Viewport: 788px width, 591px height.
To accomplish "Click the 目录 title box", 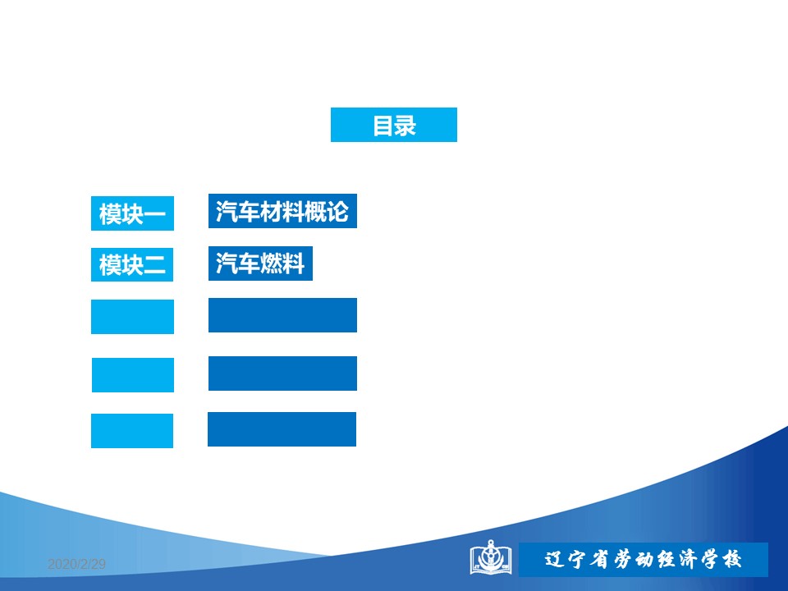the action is click(x=393, y=125).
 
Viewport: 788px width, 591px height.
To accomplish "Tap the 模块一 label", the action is click(x=132, y=213).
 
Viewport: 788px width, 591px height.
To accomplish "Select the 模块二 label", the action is click(x=132, y=264).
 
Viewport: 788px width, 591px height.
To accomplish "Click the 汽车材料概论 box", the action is click(x=282, y=211).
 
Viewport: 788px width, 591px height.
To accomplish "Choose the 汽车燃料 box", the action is click(x=260, y=263).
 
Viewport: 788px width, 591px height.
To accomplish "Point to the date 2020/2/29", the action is click(x=76, y=564).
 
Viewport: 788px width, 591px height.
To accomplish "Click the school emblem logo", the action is click(x=491, y=558).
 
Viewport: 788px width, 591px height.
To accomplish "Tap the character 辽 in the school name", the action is click(x=555, y=559).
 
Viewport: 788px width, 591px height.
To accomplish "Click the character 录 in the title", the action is click(x=405, y=126).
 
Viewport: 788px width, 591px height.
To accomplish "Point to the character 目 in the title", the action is click(x=383, y=126).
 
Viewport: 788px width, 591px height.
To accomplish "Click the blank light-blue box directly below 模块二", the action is click(x=132, y=317).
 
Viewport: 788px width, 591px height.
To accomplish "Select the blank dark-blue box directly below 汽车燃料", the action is click(x=282, y=315).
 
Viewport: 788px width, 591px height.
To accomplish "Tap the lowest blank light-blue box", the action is click(x=132, y=431).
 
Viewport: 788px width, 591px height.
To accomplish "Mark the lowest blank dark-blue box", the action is click(x=282, y=429).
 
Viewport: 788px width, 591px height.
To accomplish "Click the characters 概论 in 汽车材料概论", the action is click(x=327, y=211).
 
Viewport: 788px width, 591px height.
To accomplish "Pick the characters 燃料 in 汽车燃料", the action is click(x=282, y=263).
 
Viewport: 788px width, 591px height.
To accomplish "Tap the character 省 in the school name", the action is click(x=599, y=559).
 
